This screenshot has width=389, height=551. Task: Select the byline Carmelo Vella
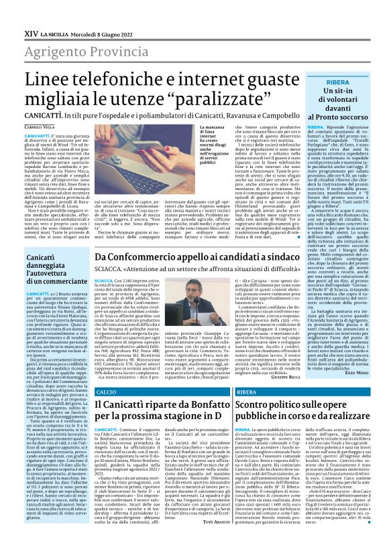click(36, 126)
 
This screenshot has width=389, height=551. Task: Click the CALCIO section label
click(106, 391)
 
